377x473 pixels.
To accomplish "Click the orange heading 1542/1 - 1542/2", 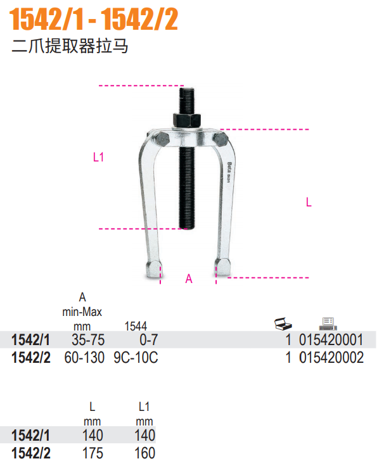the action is (x=94, y=20).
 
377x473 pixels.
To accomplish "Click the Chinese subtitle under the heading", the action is (x=70, y=46).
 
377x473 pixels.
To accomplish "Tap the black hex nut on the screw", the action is (x=187, y=120).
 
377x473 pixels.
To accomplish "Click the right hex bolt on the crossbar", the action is (x=220, y=139).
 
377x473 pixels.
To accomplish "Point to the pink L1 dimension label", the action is (x=98, y=157).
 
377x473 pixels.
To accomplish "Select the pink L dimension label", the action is (x=309, y=202).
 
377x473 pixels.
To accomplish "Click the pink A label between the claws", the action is (x=189, y=279).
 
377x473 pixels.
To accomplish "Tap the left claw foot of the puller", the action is (x=153, y=269).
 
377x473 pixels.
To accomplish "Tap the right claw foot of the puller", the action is (x=223, y=267).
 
